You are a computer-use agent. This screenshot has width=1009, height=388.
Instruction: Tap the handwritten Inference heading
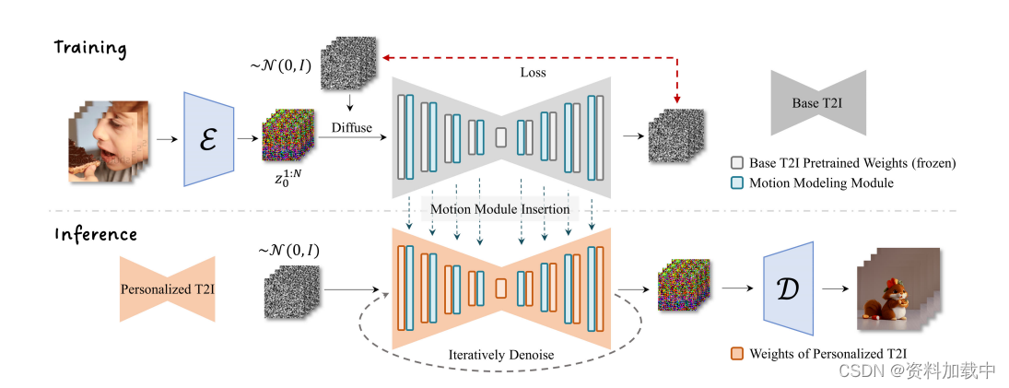[x=95, y=234]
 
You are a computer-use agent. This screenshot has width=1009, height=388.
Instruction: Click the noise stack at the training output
[x=675, y=138]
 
